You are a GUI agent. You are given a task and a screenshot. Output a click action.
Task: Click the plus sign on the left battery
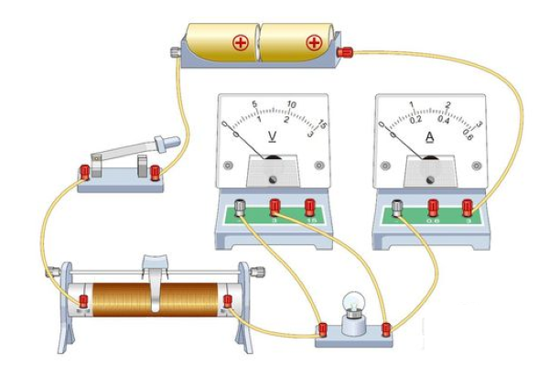243,43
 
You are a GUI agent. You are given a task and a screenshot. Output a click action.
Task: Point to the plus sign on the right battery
314,43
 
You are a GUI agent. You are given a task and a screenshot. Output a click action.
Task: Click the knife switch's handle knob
167,143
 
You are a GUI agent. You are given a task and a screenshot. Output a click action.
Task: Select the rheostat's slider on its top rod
155,269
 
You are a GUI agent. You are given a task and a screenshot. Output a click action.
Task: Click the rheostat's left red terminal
84,301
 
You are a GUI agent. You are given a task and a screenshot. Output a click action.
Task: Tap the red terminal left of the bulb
322,328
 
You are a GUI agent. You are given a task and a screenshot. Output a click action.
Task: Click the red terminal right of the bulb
386,327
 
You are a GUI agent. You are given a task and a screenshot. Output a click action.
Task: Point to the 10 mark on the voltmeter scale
291,104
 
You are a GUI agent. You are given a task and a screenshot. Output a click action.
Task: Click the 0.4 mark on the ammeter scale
444,119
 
